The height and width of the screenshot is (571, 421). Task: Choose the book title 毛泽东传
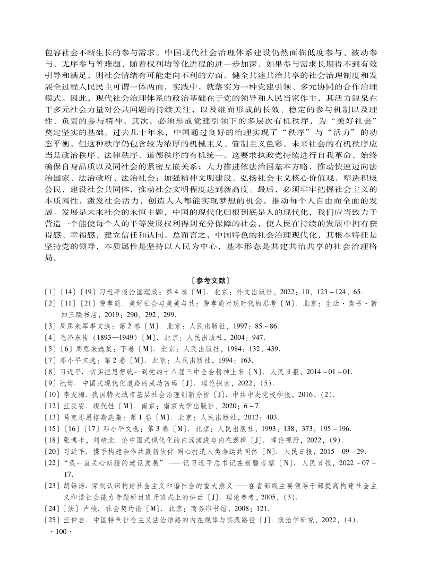(x=75, y=338)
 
